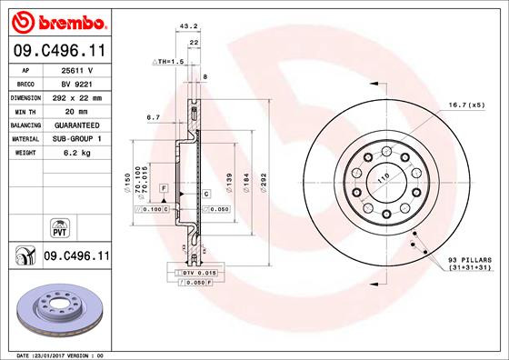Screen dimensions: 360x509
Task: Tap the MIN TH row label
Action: [26, 111]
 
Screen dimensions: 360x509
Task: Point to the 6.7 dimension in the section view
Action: [153, 117]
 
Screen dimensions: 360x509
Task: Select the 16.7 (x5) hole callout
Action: [464, 105]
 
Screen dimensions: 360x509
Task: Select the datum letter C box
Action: [206, 194]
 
